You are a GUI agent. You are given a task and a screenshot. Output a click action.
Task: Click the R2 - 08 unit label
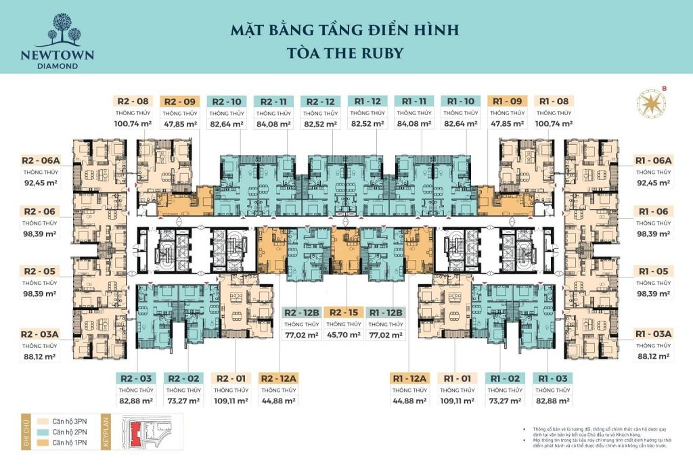133,101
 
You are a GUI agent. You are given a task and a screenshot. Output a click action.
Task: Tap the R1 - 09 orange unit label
508,101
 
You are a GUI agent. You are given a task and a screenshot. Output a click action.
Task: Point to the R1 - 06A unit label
653,160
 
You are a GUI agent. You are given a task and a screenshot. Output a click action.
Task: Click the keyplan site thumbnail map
146,432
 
